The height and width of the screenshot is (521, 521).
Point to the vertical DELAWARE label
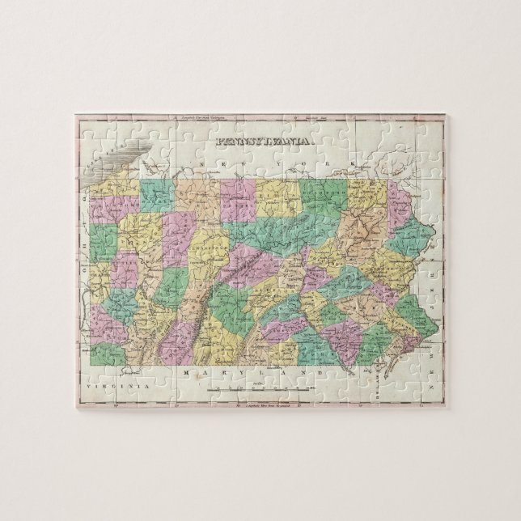[378, 377]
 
